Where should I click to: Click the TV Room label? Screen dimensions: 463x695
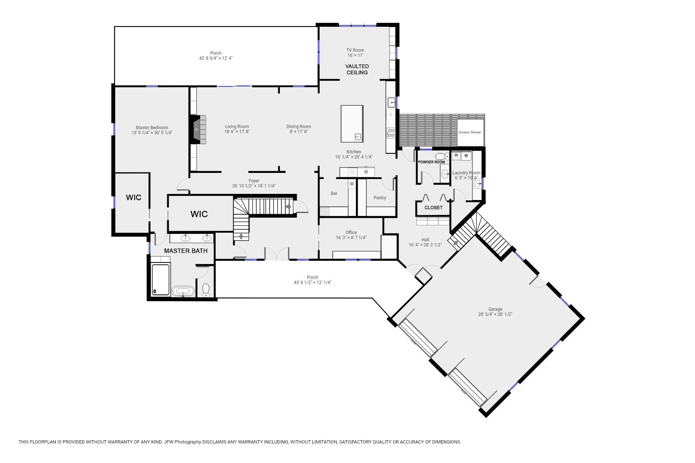355,50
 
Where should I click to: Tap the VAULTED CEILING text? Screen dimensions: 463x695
357,69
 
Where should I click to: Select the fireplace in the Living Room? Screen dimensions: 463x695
196,129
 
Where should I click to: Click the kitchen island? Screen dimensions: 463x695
352,123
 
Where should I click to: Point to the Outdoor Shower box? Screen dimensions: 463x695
470,132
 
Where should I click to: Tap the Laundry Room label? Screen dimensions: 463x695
466,173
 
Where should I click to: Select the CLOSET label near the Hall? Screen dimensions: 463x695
433,208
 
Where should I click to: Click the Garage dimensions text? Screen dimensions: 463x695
495,314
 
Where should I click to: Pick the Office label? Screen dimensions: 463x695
351,233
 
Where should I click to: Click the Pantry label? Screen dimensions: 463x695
380,198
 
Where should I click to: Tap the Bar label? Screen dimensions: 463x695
334,194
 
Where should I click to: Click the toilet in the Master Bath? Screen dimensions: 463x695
206,290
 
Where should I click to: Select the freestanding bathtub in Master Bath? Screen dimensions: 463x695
183,291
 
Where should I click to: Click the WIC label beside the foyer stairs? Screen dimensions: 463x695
199,214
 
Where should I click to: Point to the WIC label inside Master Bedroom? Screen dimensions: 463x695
134,197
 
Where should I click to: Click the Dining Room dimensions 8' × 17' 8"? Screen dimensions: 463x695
299,132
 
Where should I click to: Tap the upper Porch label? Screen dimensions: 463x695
216,53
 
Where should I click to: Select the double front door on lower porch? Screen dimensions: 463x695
277,254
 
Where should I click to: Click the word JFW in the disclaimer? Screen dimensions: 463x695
169,442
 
